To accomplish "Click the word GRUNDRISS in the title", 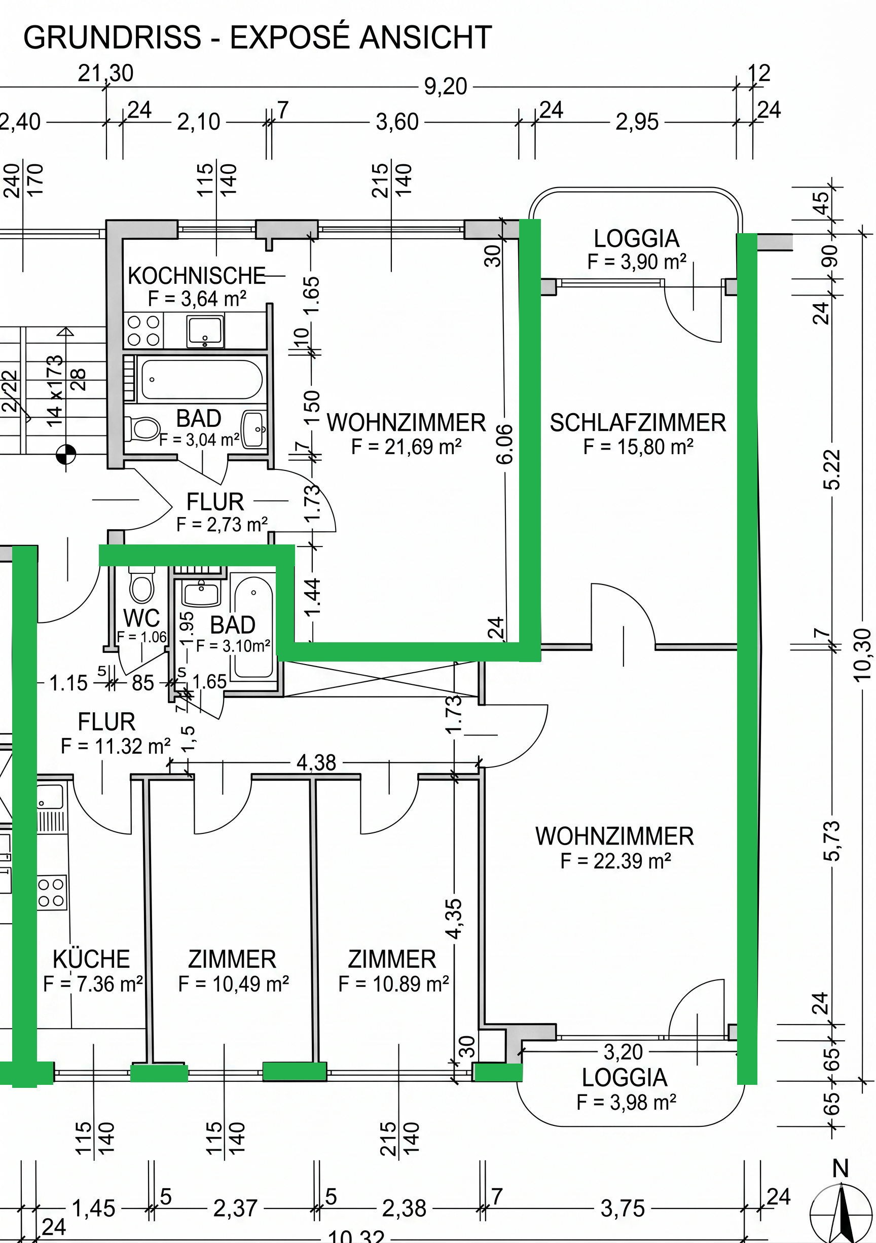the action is click(x=113, y=38).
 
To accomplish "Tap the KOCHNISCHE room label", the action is click(x=197, y=276).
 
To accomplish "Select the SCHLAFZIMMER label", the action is click(x=638, y=423).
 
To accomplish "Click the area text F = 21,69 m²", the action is click(x=406, y=447).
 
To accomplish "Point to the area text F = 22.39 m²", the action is click(x=615, y=861).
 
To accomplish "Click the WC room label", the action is click(x=141, y=618).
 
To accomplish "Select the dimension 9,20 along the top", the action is click(x=445, y=87).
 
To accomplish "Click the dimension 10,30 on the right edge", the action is click(x=861, y=654).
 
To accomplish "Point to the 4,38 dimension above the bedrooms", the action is click(x=316, y=763).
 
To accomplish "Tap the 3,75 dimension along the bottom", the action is click(x=623, y=1209).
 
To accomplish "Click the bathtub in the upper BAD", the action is click(x=201, y=380).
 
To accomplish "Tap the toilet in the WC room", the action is click(x=142, y=584).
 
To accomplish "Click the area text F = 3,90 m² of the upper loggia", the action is click(x=637, y=262).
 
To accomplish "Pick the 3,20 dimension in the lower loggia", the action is click(x=623, y=1052).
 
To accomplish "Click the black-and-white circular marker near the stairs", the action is click(x=66, y=454).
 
